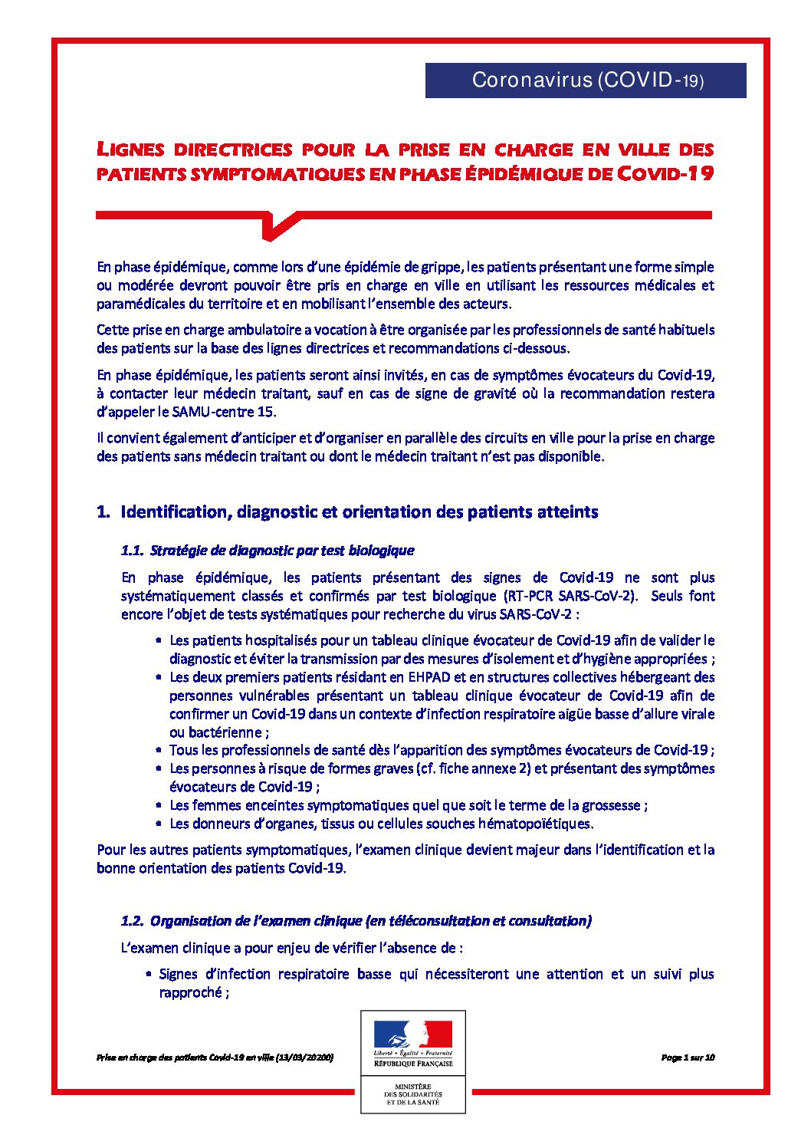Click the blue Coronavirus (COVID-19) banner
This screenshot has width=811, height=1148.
[586, 80]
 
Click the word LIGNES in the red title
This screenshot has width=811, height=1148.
[130, 149]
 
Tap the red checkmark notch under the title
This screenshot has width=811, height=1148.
[277, 225]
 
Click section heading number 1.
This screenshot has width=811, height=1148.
[103, 512]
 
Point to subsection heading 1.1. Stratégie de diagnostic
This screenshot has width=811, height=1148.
[268, 550]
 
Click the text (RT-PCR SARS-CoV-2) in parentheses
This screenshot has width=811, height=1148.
[570, 596]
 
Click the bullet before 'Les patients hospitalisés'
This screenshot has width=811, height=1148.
[159, 640]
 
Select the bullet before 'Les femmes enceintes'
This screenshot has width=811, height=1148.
[159, 805]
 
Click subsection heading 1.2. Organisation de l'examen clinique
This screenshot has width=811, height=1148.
[356, 920]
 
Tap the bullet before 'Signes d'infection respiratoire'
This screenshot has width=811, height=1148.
[148, 974]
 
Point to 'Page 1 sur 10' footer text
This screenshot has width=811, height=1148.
[688, 1057]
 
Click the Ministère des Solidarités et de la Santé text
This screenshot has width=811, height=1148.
[413, 1094]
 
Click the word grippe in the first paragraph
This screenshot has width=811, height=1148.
[442, 267]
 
